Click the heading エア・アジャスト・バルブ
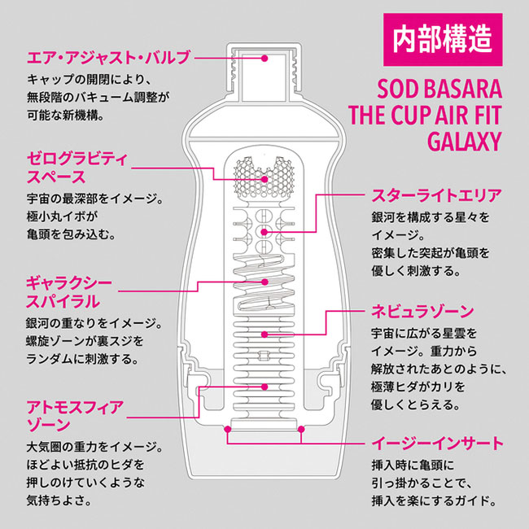pos(108,58)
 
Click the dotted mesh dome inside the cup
pos(264,176)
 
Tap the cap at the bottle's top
pos(265,68)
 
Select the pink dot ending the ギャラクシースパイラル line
pos(265,281)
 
